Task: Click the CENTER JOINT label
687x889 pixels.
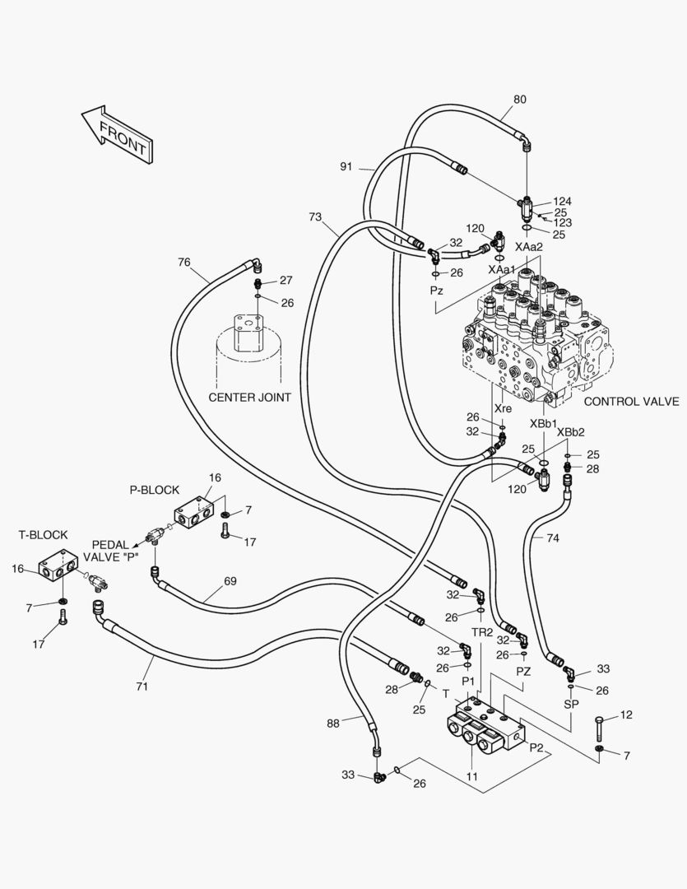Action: [249, 398]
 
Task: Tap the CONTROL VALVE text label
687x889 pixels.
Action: [631, 402]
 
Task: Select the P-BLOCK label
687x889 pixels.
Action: [154, 490]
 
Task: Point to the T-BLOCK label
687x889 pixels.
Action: [43, 534]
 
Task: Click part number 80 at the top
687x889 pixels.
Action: [520, 100]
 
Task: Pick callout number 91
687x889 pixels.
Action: [346, 166]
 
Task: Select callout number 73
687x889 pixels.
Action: [315, 217]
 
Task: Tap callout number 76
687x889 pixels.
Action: [183, 263]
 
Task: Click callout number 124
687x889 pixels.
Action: [562, 201]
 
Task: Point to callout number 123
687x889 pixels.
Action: [562, 222]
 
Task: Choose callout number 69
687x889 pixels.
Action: [230, 582]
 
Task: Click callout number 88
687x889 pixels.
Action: [332, 723]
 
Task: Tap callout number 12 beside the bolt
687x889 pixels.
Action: [626, 715]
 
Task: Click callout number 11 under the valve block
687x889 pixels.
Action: [471, 775]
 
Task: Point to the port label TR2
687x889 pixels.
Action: [482, 632]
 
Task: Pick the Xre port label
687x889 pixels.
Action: [503, 408]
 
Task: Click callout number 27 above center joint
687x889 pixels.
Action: [285, 280]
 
